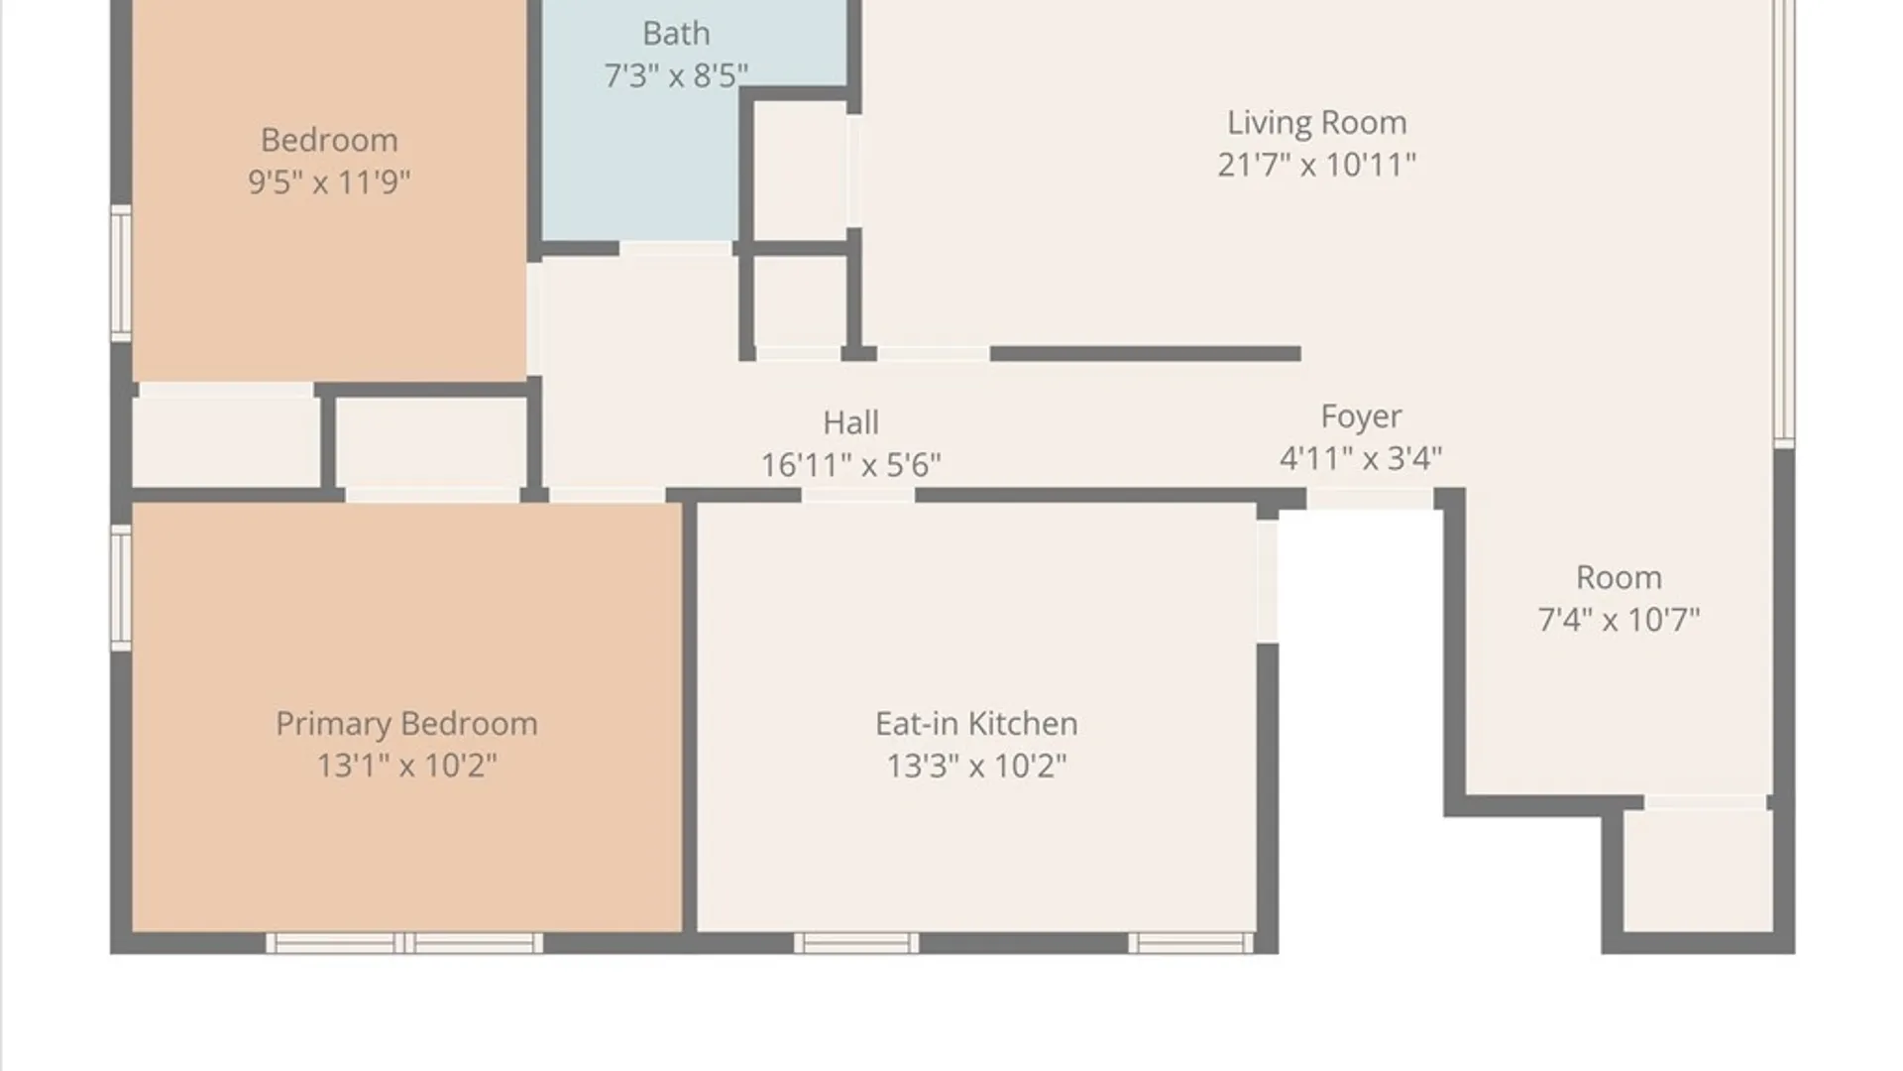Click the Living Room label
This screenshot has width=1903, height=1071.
click(1316, 122)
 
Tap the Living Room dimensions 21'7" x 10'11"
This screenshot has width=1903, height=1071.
click(1316, 165)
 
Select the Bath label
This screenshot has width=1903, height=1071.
click(676, 34)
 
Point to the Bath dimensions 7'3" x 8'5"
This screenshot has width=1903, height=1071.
click(676, 75)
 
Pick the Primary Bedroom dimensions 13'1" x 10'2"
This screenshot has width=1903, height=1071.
click(406, 766)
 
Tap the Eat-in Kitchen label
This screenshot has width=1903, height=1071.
click(976, 724)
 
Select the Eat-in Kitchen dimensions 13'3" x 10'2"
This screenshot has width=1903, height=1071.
click(976, 766)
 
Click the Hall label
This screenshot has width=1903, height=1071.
click(850, 423)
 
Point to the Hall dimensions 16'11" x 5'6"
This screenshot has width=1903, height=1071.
click(850, 465)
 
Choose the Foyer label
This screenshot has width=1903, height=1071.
click(1361, 417)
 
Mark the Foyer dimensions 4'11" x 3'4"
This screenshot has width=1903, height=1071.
click(1361, 458)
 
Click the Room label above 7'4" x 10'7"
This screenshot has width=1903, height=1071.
click(1619, 578)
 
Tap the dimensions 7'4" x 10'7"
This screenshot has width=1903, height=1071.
click(1619, 620)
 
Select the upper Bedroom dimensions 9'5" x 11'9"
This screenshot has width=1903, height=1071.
click(329, 182)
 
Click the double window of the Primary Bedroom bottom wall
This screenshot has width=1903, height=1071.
click(404, 943)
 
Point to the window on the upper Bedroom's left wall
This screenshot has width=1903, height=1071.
click(121, 273)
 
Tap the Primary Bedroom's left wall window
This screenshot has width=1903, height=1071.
click(121, 588)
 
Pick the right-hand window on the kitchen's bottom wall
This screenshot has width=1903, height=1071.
click(1191, 943)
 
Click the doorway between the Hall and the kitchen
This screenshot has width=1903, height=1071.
click(857, 495)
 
